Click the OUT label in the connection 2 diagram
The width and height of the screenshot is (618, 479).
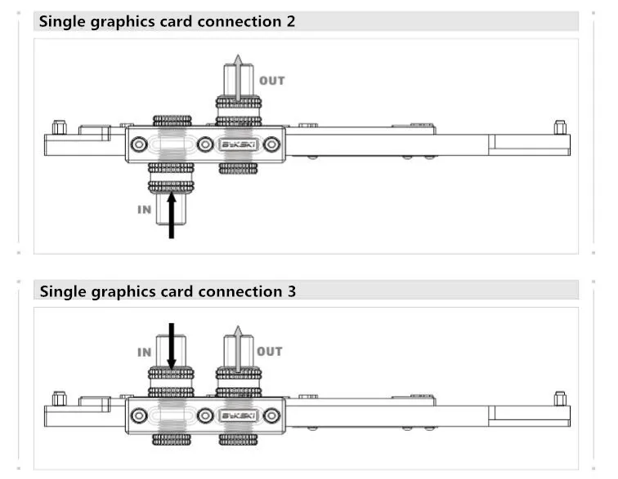(271, 81)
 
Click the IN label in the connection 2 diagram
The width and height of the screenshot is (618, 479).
(144, 210)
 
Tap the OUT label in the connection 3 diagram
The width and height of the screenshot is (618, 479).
(270, 352)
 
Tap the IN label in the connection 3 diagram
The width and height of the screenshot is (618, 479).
(144, 352)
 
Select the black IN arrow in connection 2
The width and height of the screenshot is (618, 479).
(172, 215)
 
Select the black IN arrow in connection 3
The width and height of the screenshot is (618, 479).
(172, 346)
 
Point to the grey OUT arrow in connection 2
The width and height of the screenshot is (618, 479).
(238, 78)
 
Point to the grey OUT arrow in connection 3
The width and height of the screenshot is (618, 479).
(238, 349)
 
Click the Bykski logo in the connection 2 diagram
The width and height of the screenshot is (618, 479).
(239, 144)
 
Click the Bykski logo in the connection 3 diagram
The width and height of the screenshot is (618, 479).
(239, 415)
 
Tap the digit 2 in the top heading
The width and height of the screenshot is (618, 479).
(291, 21)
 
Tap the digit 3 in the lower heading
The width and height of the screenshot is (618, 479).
(291, 291)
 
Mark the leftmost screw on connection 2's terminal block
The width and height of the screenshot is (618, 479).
(139, 144)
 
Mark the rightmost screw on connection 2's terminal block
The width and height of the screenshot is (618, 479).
(271, 144)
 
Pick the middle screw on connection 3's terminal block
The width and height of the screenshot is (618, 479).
(205, 415)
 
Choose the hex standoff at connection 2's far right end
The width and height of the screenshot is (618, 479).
(560, 127)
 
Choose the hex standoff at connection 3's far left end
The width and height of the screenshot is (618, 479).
(60, 398)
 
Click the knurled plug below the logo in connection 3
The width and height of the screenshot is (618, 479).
(239, 439)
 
